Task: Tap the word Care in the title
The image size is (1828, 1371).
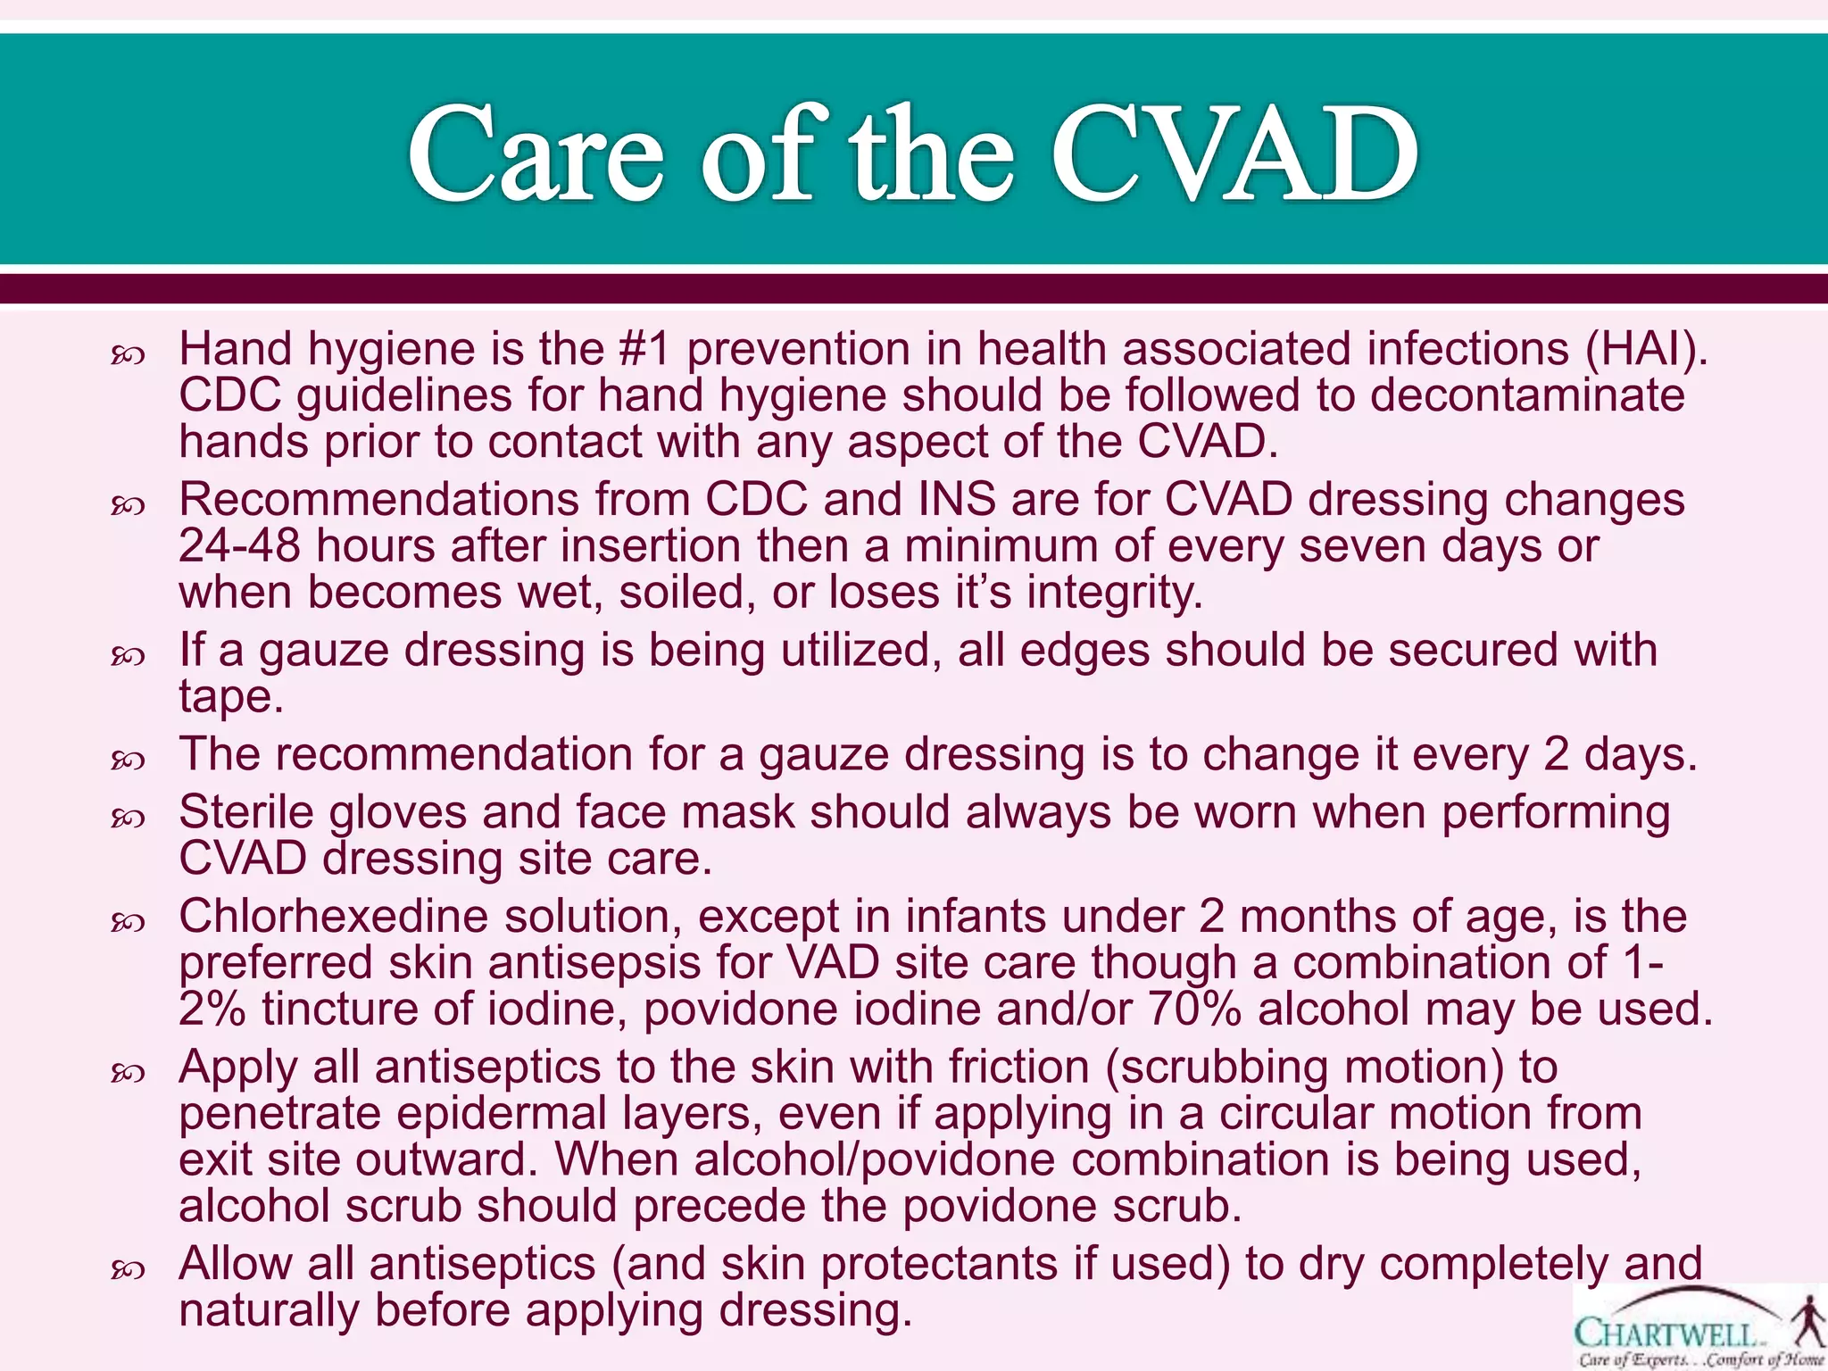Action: [536, 154]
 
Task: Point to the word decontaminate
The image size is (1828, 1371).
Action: [1527, 395]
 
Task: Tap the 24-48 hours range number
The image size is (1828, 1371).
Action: [239, 545]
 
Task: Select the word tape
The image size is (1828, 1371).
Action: [230, 696]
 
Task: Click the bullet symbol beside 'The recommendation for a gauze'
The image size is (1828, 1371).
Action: [128, 760]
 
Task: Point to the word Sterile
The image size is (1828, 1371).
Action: [246, 812]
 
